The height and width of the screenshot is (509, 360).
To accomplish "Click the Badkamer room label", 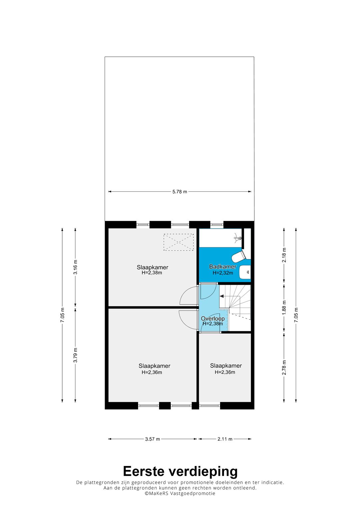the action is [x=223, y=267].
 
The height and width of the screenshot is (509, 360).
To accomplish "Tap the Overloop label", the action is [x=213, y=319].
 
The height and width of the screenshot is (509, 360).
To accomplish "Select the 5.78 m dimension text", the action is [x=180, y=192].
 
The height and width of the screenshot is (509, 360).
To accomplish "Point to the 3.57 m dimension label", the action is [x=153, y=439].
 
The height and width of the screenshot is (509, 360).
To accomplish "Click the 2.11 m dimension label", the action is [x=225, y=439].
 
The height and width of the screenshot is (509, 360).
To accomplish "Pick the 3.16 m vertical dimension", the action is [x=75, y=267].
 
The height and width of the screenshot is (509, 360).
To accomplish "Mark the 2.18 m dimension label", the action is [x=284, y=255].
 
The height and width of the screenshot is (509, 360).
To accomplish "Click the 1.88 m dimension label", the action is [x=284, y=308].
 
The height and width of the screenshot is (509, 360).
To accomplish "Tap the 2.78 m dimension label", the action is [x=284, y=368].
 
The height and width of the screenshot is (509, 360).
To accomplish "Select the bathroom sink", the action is [x=245, y=272].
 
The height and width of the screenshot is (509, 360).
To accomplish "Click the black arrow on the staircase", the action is [x=222, y=296].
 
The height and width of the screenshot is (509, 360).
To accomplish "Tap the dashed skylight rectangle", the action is [x=179, y=242].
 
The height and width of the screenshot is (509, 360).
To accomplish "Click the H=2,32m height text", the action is [x=223, y=273].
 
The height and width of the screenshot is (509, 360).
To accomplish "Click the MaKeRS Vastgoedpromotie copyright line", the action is [x=180, y=493].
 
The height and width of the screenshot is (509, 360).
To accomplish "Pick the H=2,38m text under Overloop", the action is [x=213, y=324].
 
